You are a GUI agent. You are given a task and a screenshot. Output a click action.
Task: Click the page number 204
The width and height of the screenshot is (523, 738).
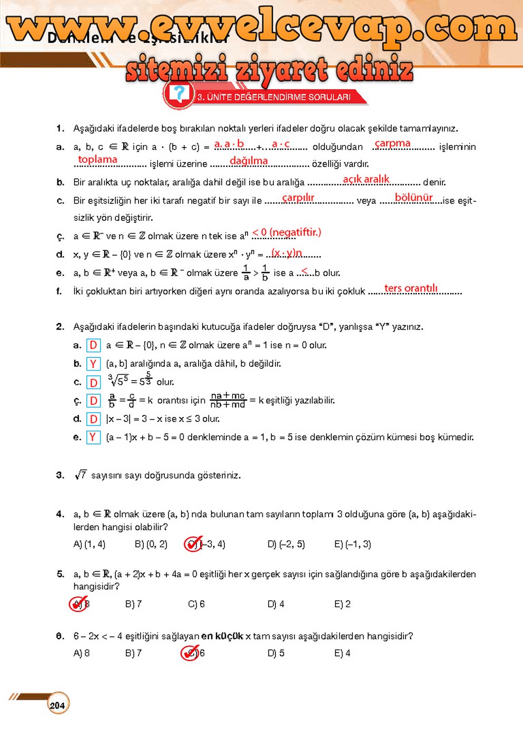[57, 705]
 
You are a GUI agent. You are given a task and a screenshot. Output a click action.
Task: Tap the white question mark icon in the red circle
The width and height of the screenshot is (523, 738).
[179, 94]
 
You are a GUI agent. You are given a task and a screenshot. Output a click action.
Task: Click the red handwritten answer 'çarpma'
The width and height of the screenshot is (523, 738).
[392, 143]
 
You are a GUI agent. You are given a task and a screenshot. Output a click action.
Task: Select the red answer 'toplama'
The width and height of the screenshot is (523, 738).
[97, 159]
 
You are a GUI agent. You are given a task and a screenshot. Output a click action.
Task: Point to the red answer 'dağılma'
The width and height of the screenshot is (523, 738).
[249, 160]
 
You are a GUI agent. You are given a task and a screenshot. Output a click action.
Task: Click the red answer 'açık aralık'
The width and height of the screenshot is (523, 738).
[366, 179]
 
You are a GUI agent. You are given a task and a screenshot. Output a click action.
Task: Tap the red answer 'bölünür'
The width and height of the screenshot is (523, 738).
[413, 198]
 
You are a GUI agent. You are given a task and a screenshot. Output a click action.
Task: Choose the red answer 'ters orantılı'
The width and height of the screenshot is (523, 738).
[411, 288]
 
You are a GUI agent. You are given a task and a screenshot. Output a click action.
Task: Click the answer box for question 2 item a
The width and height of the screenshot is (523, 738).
[93, 345]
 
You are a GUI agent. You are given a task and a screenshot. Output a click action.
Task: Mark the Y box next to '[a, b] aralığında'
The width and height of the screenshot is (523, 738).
[93, 364]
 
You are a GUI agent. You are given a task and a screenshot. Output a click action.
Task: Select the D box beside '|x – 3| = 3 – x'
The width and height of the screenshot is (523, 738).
[93, 419]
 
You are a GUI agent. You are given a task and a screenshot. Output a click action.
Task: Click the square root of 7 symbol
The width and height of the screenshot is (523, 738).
[81, 475]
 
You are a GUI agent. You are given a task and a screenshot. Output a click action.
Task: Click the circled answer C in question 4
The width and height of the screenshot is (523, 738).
[193, 544]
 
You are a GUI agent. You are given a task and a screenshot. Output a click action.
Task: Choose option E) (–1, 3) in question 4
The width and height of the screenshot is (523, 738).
[352, 544]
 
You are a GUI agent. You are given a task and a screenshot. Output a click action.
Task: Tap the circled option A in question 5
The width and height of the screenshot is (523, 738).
[78, 604]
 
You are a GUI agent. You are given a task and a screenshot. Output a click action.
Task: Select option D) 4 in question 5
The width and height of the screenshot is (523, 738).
[275, 604]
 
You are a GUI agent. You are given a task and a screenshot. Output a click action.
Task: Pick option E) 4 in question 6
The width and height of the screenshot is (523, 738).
[342, 653]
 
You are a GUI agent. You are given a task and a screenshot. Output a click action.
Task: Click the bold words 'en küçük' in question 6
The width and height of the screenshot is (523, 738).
[222, 636]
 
